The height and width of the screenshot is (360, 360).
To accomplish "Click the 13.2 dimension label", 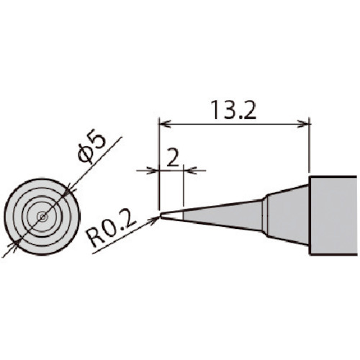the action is click(x=233, y=110).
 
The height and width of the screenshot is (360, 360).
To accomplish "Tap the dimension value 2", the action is click(x=173, y=157).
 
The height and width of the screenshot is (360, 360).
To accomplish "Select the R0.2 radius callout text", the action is click(x=111, y=233).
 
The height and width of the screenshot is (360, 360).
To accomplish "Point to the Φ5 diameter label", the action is click(x=91, y=148).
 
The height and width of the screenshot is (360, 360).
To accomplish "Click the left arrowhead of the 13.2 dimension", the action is click(x=165, y=124).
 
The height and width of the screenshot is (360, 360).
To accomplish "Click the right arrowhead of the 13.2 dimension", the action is click(x=302, y=124).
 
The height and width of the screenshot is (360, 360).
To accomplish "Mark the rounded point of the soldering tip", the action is click(x=161, y=216).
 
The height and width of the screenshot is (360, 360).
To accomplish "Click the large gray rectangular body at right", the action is click(x=333, y=215).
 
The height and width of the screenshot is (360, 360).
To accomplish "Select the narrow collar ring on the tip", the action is click(x=264, y=215).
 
